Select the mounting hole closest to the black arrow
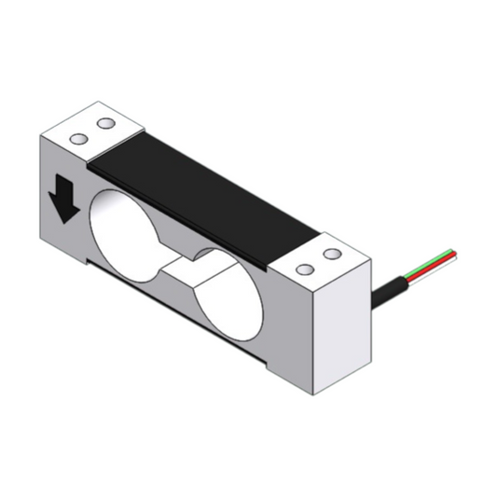78,139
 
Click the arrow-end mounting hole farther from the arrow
105,123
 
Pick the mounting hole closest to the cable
332,254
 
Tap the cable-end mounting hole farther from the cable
304,269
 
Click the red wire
439,256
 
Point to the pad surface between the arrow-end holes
92,131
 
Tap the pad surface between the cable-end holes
318,262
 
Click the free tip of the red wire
454,250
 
